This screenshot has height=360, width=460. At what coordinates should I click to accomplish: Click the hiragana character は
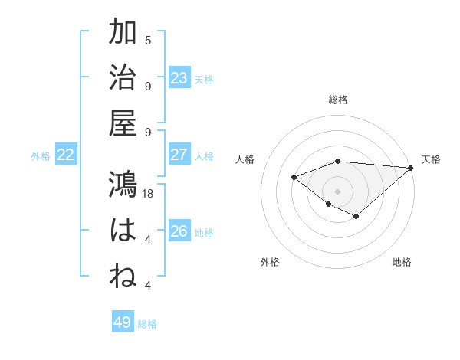click(123, 231)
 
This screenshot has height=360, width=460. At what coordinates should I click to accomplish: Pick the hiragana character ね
click(123, 277)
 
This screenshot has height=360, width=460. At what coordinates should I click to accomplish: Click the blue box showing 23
click(179, 77)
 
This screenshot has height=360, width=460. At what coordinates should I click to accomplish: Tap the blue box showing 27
click(179, 155)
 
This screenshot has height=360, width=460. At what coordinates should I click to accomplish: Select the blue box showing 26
click(179, 231)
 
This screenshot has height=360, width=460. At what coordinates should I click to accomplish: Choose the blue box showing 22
click(66, 155)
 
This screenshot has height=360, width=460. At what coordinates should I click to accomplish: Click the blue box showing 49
click(123, 322)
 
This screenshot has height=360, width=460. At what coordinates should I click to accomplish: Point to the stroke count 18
click(149, 194)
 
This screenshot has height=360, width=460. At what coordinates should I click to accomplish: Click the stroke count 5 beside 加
click(148, 41)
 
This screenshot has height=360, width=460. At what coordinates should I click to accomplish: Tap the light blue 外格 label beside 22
click(41, 155)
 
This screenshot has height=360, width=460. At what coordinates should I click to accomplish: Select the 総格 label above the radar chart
click(338, 100)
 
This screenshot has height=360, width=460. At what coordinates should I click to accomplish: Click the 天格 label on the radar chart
click(431, 159)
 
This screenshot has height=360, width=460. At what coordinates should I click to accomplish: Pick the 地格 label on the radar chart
click(402, 262)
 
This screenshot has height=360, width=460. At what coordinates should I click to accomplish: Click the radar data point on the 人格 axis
click(294, 178)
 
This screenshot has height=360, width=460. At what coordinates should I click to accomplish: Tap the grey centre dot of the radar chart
click(338, 191)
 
